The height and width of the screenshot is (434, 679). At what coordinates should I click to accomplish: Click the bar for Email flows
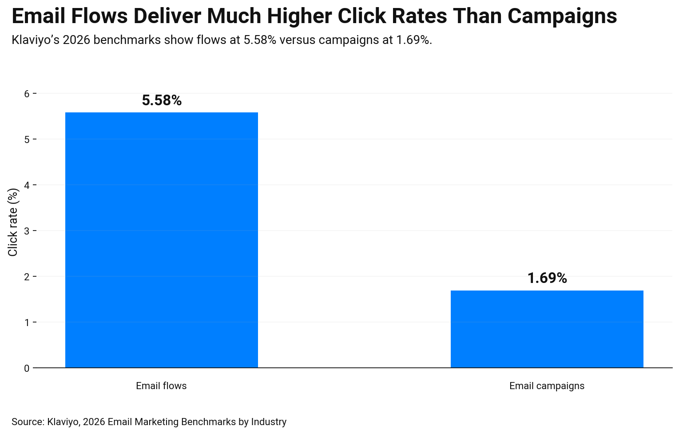[162, 240]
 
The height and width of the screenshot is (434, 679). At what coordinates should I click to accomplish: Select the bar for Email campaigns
[547, 329]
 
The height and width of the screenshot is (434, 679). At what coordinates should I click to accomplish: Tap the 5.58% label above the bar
[162, 101]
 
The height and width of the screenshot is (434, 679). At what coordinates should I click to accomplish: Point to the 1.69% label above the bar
[547, 279]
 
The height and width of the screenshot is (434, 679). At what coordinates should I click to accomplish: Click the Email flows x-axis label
[161, 386]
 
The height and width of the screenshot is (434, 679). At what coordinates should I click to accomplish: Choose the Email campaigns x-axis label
[547, 386]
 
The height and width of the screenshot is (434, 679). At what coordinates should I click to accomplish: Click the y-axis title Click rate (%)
[13, 222]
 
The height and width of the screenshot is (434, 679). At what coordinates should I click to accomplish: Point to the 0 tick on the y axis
[27, 368]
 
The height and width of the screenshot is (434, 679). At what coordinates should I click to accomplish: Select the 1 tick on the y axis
[27, 323]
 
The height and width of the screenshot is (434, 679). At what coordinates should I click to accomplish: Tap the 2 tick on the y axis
[27, 277]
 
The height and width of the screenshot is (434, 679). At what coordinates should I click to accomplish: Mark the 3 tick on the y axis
[27, 231]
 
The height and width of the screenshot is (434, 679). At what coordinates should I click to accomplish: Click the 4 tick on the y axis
[27, 185]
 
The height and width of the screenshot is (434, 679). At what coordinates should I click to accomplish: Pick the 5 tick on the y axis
[27, 139]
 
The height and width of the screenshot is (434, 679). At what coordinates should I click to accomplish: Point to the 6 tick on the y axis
[27, 94]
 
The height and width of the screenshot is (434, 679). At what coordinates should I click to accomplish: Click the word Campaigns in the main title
[562, 17]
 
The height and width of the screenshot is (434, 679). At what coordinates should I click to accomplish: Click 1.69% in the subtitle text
[413, 40]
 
